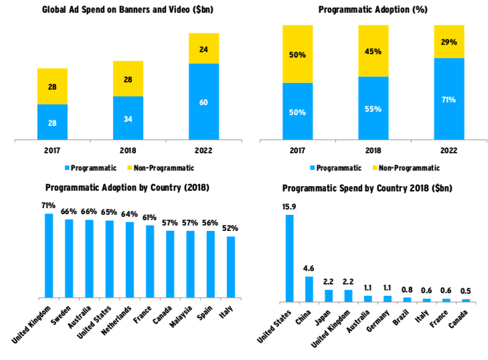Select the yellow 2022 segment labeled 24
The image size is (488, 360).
204,48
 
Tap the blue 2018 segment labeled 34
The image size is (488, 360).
128,118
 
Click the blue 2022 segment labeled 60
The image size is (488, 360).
204,102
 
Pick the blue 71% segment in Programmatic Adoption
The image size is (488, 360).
449,100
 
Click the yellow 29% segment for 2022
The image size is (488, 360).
449,41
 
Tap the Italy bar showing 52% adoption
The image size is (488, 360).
231,267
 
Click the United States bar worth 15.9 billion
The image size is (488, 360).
290,258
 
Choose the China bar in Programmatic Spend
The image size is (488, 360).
309,288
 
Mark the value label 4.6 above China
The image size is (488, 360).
309,269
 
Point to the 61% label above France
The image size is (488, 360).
149,217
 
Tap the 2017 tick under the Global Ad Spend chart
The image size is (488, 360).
52,150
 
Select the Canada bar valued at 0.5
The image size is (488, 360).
466,300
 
